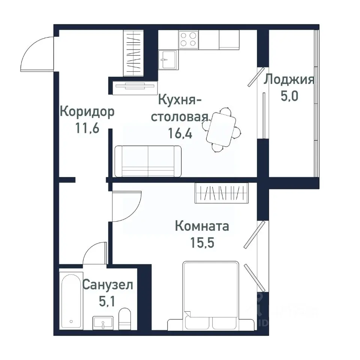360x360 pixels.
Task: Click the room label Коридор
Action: click(87, 112)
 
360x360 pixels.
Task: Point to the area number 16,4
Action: click(180, 133)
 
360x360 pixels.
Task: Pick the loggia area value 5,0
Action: click(289, 96)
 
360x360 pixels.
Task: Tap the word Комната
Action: click(202, 226)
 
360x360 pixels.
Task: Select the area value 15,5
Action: click(202, 243)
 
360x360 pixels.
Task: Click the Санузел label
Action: click(108, 285)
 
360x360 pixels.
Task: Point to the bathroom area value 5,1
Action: click(108, 301)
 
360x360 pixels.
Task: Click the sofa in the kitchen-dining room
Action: click(148, 161)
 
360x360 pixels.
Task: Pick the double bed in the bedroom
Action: click(210, 295)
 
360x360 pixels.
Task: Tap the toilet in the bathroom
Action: click(124, 318)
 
